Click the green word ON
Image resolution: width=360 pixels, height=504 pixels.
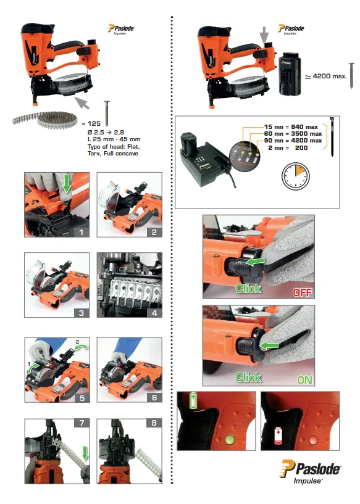tap(304, 380)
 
